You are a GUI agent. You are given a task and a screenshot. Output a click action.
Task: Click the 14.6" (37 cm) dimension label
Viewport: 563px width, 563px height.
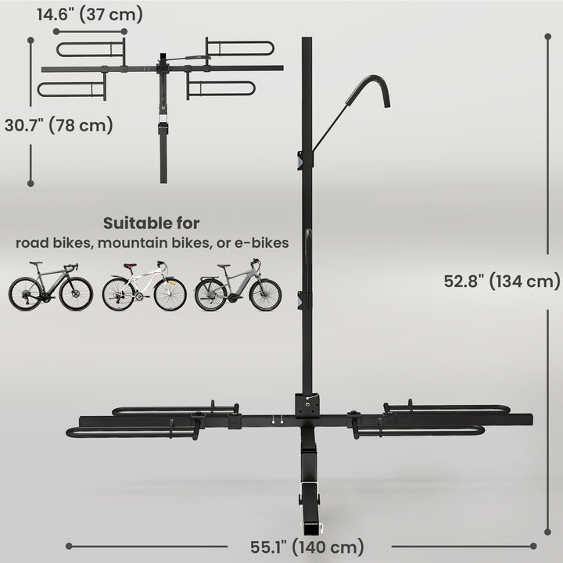[89, 13]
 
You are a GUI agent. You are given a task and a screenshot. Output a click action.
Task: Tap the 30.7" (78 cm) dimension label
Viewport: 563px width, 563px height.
[58, 124]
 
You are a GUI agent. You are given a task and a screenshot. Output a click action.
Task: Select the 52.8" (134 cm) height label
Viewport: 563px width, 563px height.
[501, 281]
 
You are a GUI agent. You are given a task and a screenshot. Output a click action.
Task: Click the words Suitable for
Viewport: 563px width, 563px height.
[152, 224]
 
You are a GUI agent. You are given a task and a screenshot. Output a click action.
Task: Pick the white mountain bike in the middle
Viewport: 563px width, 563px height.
[144, 287]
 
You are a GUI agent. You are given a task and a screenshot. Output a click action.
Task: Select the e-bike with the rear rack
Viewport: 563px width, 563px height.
[238, 287]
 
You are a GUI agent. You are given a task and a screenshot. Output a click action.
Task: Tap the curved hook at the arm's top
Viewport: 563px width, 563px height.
[375, 88]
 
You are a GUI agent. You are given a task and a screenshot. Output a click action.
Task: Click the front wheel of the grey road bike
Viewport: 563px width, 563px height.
[76, 294]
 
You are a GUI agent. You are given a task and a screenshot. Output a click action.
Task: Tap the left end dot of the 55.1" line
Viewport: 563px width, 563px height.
[69, 546]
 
